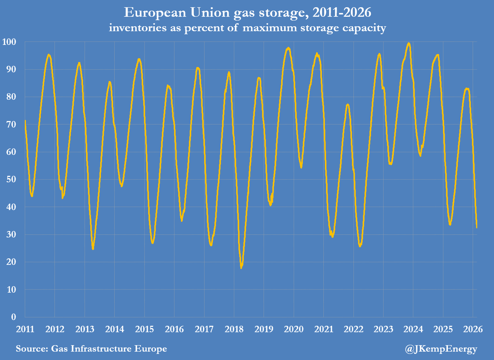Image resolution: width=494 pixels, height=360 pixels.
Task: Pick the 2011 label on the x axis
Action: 25,330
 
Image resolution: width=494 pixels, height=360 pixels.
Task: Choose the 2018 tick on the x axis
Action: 234,330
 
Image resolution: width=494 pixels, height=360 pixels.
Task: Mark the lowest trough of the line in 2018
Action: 241,268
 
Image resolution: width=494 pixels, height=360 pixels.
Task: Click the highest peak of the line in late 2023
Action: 408,43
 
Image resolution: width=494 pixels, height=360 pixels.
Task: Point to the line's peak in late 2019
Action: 288,48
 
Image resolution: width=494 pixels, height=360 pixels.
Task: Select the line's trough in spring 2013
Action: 93,249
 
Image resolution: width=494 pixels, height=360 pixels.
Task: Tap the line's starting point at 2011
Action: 25,121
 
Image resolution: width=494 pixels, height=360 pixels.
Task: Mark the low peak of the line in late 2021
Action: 348,105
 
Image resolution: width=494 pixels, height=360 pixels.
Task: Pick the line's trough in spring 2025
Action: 450,224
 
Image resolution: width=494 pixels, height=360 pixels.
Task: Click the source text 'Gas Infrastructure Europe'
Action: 91,349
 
